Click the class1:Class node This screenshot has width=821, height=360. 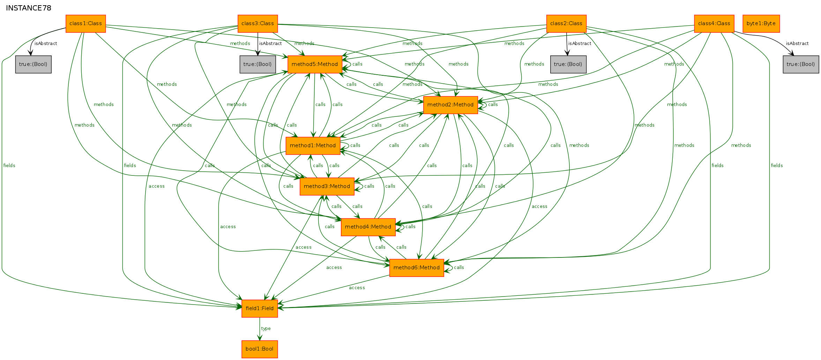click(85, 24)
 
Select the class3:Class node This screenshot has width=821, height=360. click(258, 24)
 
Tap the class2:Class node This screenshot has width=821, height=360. click(566, 24)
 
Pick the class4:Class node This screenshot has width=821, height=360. click(714, 24)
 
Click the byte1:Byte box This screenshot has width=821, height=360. click(761, 24)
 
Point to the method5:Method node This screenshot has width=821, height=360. click(315, 65)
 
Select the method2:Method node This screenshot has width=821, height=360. click(450, 105)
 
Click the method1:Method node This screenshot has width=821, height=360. click(313, 146)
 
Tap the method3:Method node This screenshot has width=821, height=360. click(327, 187)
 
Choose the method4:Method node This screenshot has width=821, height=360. click(368, 227)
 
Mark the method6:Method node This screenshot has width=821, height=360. click(417, 268)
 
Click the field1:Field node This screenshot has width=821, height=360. click(260, 309)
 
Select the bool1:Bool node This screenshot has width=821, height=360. click(260, 349)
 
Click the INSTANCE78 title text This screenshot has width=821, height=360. click(29, 8)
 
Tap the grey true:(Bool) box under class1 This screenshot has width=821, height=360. click(33, 65)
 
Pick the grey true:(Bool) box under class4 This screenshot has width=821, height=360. click(801, 65)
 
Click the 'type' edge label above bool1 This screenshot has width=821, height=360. click(266, 329)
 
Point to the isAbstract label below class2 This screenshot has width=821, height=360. click(580, 44)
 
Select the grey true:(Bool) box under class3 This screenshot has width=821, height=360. click(258, 65)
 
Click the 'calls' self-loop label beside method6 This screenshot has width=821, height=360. click(459, 268)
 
